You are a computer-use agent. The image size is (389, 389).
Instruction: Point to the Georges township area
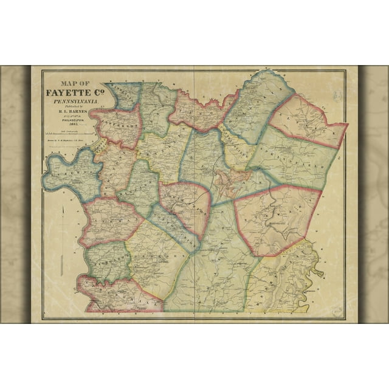pyautogui.click(x=152, y=255)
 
